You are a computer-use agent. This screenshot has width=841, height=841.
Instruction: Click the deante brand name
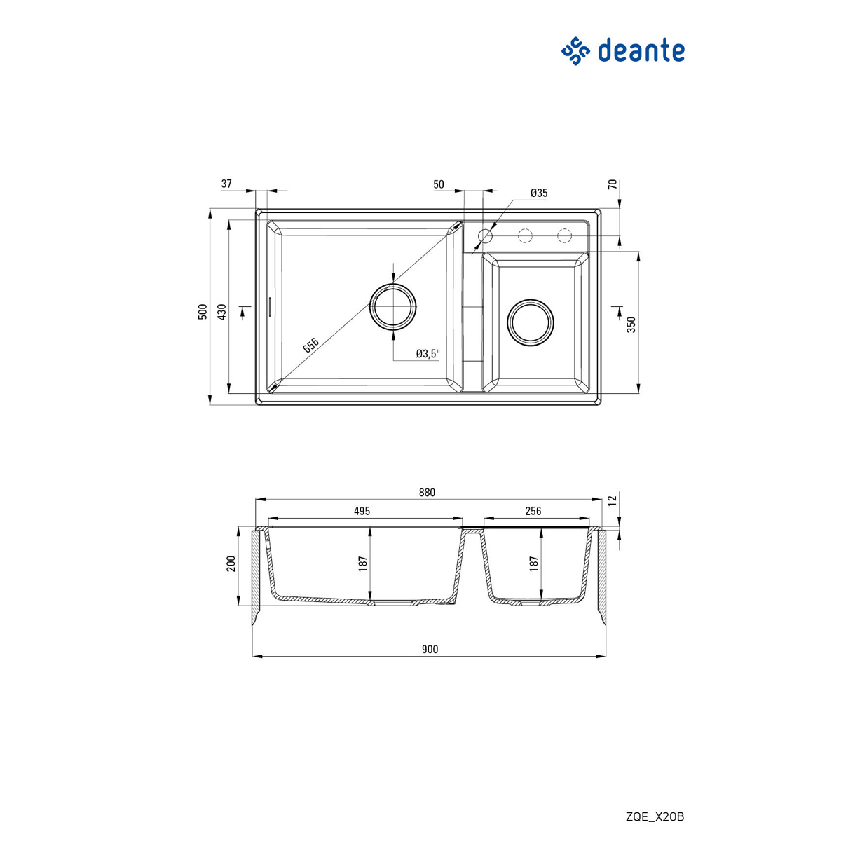pos(641,51)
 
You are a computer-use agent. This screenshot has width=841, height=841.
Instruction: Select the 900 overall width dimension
pos(430,650)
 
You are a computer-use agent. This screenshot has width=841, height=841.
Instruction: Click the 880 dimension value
pos(427,493)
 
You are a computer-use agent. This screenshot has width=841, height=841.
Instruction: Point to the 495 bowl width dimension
pos(362,512)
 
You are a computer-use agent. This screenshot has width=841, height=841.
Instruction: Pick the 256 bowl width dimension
pos(533,512)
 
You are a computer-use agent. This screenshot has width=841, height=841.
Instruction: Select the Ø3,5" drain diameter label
pos(428,354)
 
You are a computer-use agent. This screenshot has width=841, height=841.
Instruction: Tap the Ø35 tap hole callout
pos(539,193)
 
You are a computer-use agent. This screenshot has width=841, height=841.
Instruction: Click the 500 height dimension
pos(203,312)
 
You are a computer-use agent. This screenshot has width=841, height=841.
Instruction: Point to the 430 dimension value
pos(221,312)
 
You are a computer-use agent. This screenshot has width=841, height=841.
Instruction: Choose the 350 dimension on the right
pos(631,324)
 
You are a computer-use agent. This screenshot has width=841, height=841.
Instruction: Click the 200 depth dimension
pos(231,563)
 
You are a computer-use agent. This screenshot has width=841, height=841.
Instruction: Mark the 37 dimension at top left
pos(226,184)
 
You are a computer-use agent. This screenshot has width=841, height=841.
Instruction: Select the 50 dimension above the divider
pos(439,184)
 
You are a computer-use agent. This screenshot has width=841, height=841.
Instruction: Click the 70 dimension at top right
pos(612,185)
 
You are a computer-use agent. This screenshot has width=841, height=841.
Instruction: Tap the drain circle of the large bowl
pos(393,306)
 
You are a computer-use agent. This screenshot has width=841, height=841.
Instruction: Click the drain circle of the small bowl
pos(531,322)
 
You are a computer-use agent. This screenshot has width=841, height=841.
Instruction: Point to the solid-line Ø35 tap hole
pos(485,235)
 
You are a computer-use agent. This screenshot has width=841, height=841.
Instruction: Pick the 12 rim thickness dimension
pos(612,500)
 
